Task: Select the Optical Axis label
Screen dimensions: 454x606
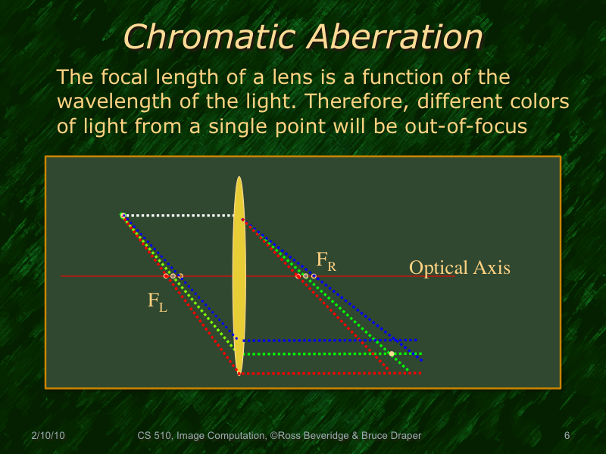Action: pyautogui.click(x=459, y=268)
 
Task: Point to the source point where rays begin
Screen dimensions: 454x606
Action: pyautogui.click(x=123, y=216)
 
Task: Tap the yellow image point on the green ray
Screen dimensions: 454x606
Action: pyautogui.click(x=392, y=354)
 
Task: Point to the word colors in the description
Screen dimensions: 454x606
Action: pyautogui.click(x=539, y=101)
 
